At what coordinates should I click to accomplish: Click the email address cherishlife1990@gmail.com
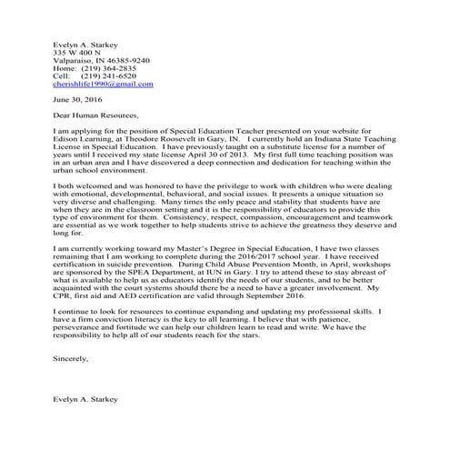tap(103, 84)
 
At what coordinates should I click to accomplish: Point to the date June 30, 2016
tap(79, 100)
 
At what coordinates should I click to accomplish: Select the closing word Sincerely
tap(72, 359)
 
